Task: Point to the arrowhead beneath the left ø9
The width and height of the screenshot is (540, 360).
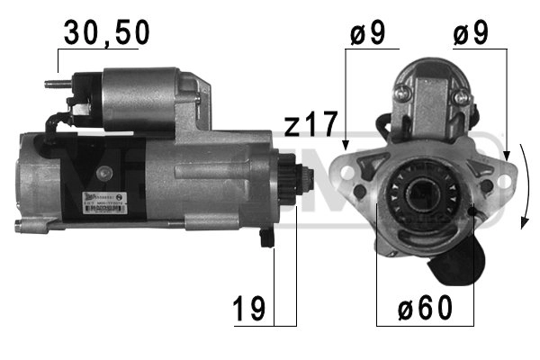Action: click(x=346, y=144)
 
